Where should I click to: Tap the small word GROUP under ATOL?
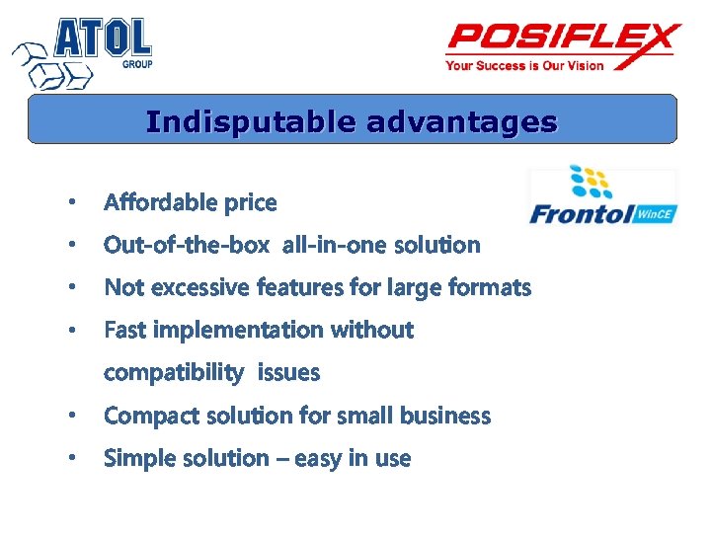pyautogui.click(x=136, y=64)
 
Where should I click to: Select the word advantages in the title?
pyautogui.click(x=461, y=121)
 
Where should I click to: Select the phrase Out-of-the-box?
pyautogui.click(x=187, y=245)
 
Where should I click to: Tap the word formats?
pyautogui.click(x=490, y=287)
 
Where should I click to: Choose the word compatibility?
pyautogui.click(x=173, y=373)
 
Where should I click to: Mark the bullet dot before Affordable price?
pyautogui.click(x=70, y=203)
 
